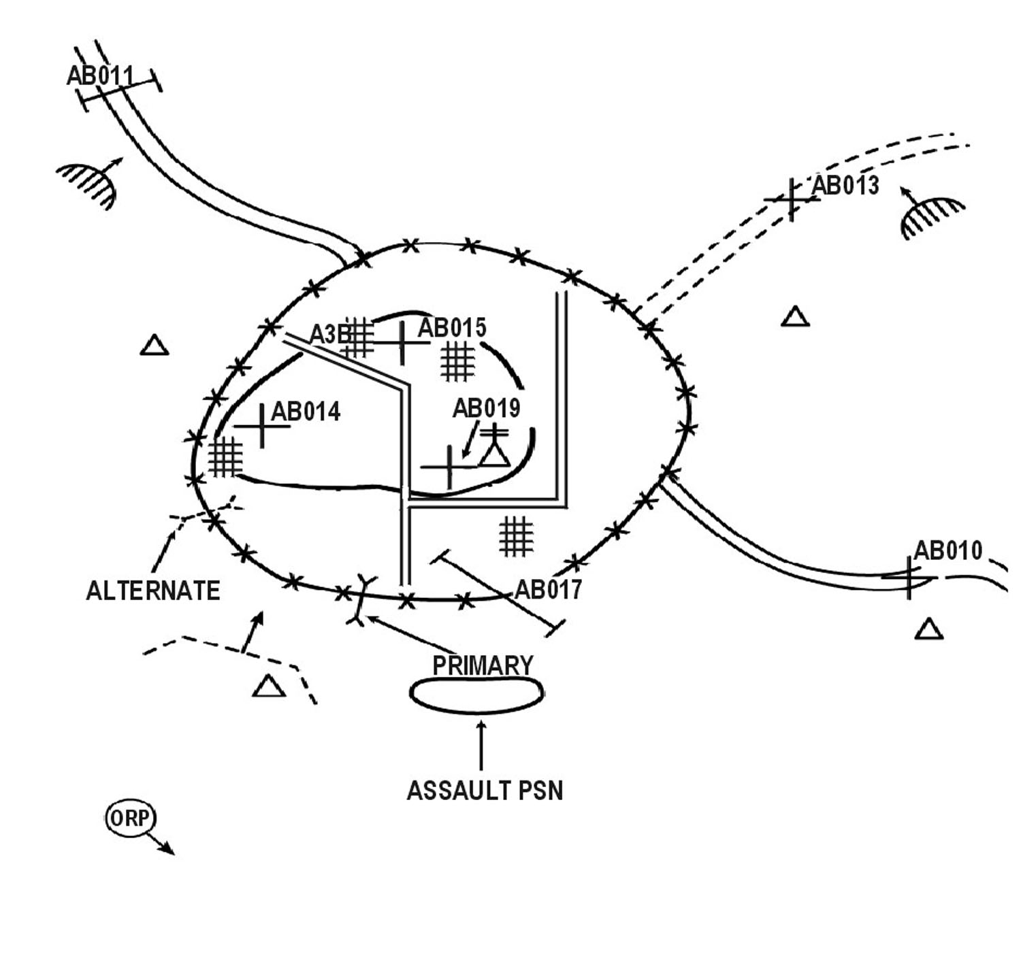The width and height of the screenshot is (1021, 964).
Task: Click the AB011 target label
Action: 100,76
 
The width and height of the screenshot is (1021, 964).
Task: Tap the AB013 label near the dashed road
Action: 845,185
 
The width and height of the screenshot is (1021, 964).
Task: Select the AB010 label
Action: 947,550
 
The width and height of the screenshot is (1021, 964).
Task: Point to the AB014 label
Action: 306,412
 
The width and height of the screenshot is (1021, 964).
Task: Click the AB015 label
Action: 452,328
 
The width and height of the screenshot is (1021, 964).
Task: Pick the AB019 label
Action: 486,408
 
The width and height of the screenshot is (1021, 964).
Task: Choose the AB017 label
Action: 549,590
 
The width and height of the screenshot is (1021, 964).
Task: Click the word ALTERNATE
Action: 153,591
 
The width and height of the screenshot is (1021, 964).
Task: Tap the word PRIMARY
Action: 483,665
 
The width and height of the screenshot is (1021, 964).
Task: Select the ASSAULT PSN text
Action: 485,791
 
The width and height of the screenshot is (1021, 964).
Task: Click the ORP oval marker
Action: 130,818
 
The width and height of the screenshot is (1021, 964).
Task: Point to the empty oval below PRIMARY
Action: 476,695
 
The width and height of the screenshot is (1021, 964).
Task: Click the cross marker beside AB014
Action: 263,426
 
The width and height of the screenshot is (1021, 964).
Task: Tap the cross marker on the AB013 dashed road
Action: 791,199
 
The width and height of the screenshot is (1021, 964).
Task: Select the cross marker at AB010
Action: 909,578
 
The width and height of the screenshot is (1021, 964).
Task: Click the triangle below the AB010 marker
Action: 928,630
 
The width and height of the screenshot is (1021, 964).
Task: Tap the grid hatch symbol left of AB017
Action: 516,535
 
